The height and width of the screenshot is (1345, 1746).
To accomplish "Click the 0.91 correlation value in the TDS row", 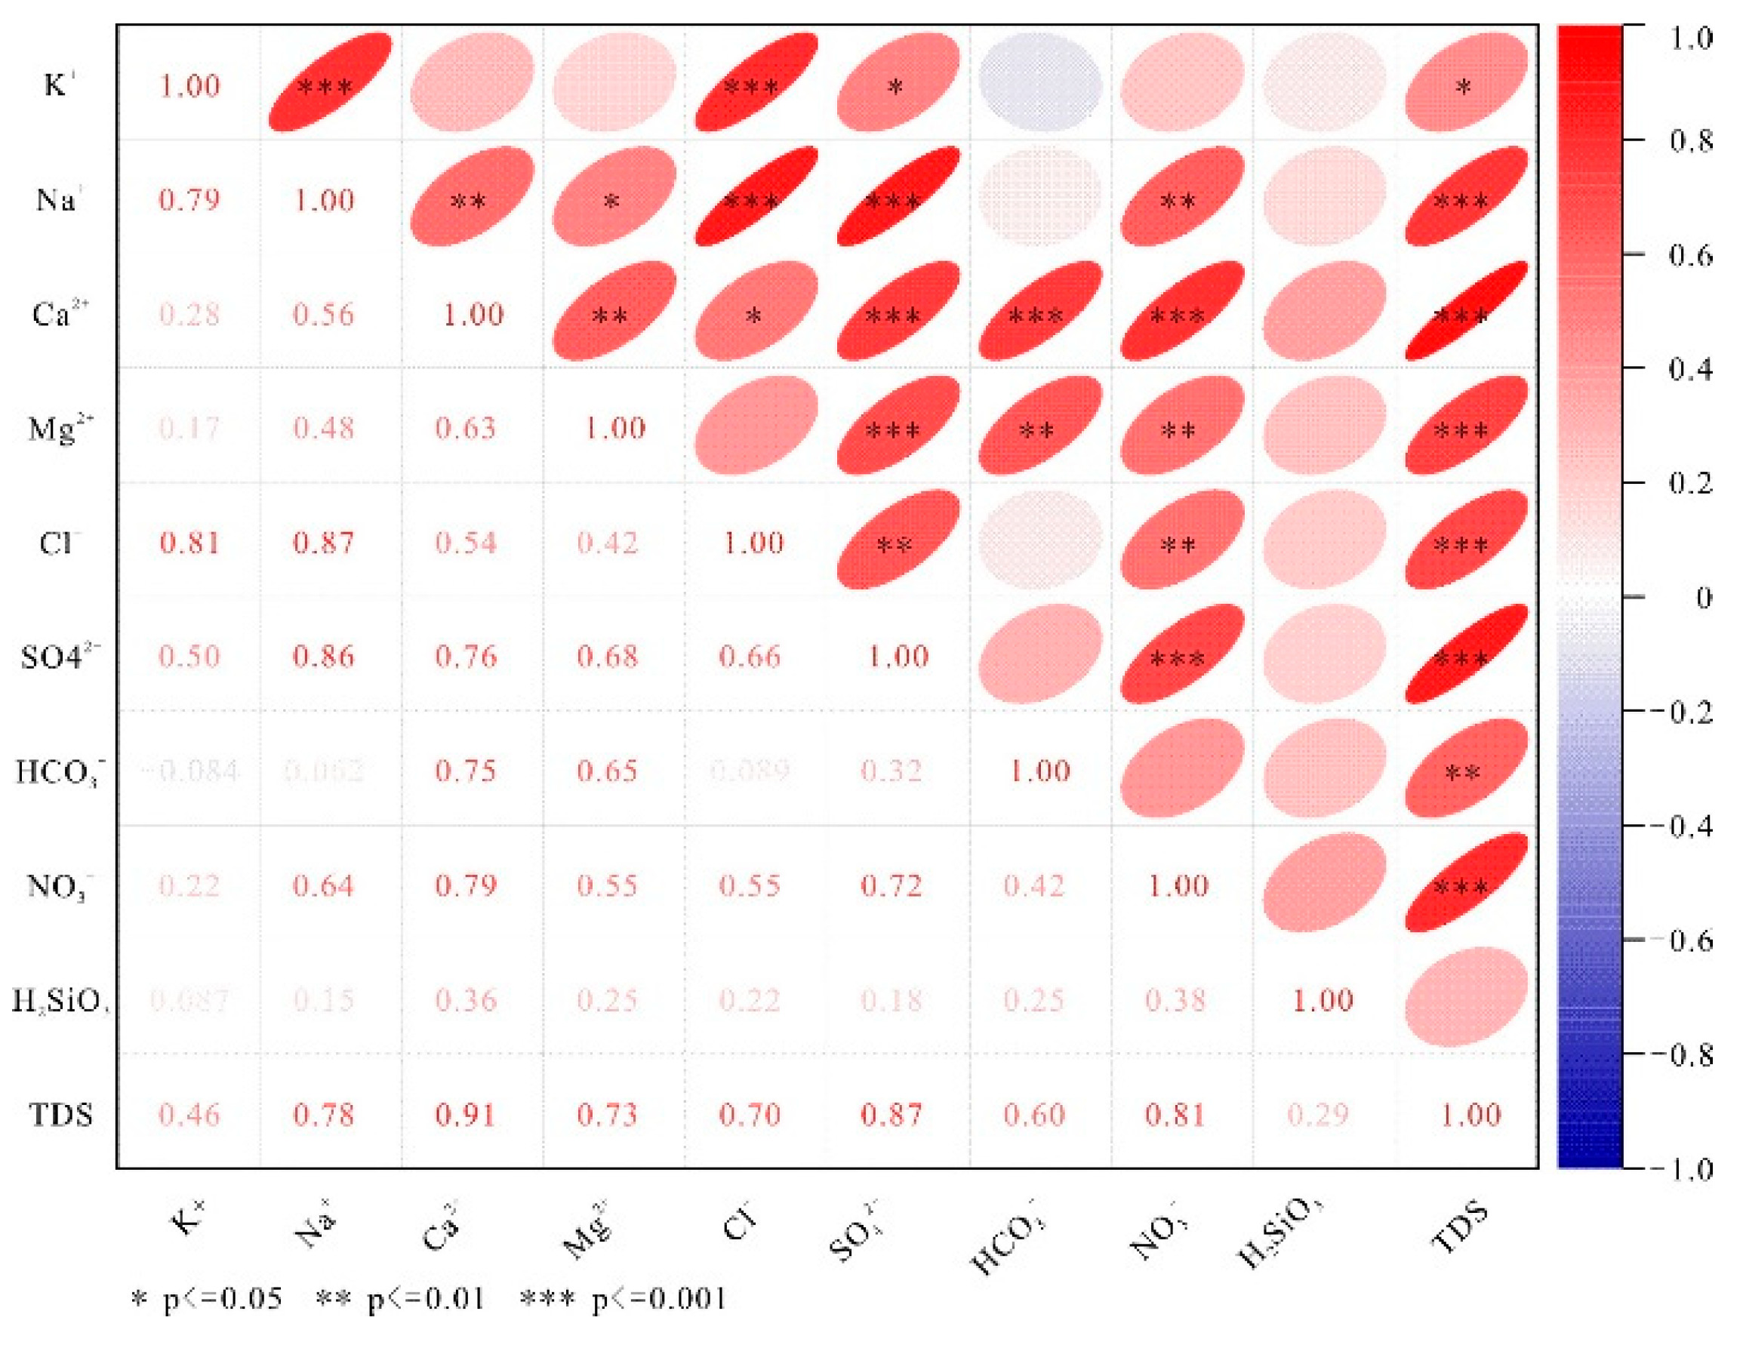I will click(465, 1115).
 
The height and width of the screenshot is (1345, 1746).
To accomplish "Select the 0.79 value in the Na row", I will click(189, 200).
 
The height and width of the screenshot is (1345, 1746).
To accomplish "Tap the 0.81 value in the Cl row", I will click(189, 543).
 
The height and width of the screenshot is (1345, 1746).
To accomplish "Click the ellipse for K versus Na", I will click(329, 82).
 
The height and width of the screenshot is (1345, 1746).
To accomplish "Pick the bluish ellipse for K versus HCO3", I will click(1040, 82).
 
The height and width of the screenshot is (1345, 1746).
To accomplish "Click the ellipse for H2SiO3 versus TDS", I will click(1466, 996).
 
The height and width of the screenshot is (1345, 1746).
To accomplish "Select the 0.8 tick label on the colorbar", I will click(1691, 141).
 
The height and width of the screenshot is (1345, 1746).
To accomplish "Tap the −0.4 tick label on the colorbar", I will click(1691, 826).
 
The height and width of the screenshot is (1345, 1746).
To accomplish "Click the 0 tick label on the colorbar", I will click(1703, 598).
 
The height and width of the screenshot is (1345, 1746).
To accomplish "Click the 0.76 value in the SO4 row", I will click(465, 657).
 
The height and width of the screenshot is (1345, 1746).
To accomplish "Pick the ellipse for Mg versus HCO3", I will click(1040, 425).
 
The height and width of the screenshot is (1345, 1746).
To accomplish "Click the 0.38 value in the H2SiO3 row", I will click(1175, 1000).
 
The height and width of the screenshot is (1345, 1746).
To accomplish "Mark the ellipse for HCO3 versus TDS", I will click(1466, 769).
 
